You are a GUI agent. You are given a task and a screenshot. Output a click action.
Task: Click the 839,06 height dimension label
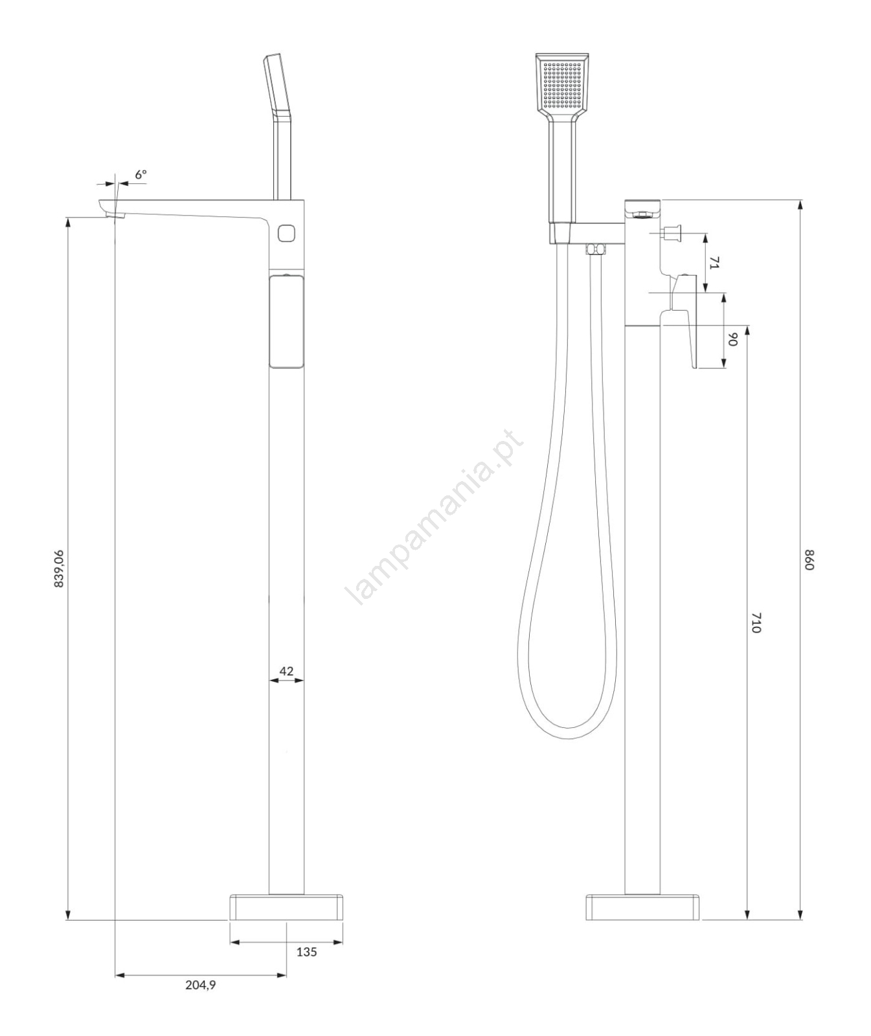(58, 568)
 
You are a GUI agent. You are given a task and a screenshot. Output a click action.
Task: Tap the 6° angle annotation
(141, 174)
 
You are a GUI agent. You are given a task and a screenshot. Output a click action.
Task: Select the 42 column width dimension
(286, 671)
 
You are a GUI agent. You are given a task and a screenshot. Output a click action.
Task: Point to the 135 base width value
(306, 952)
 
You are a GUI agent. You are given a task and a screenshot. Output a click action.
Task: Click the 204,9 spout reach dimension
(200, 985)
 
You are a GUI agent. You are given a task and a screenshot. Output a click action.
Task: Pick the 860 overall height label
(808, 559)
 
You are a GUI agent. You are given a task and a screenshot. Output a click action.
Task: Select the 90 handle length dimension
(733, 339)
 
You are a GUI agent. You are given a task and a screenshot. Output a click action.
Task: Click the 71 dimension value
(714, 263)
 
